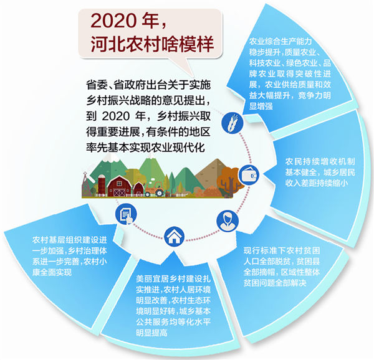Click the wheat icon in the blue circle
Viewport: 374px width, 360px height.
[232, 123]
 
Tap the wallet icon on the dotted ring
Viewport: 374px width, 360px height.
[249, 176]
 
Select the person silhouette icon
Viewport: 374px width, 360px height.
[228, 221]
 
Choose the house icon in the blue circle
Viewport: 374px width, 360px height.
[175, 236]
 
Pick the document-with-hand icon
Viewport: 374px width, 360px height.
[126, 214]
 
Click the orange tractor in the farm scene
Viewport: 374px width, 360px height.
[155, 189]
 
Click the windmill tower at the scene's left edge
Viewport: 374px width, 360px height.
[85, 184]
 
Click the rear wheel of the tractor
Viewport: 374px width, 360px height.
[158, 192]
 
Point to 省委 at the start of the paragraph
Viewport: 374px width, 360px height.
[97, 85]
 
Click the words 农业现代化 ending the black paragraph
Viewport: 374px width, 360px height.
[179, 148]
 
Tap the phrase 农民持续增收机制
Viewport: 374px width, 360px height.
[320, 161]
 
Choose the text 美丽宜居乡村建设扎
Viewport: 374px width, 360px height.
[173, 278]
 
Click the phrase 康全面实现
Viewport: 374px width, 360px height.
[52, 272]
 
